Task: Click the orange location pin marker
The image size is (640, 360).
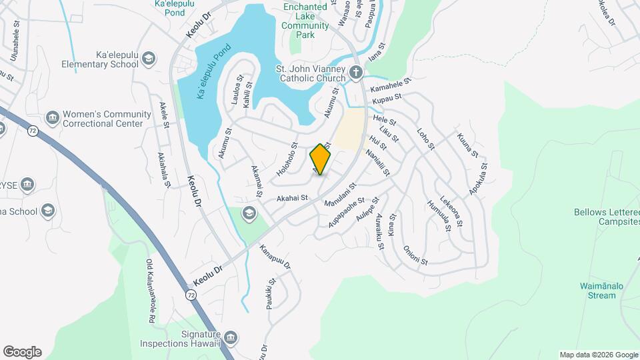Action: [321, 159]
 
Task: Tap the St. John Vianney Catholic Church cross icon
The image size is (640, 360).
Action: [356, 71]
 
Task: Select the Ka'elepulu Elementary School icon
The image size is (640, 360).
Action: [149, 59]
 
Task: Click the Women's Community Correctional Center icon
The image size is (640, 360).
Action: [52, 119]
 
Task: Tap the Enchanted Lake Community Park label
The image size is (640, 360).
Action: [305, 17]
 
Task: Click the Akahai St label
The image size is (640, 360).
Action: [293, 198]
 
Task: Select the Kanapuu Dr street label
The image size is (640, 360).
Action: [275, 256]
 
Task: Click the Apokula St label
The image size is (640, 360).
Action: [478, 179]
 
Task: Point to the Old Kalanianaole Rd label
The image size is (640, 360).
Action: [151, 291]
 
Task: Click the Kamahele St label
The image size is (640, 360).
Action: [391, 87]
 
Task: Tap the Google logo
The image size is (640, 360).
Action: [21, 352]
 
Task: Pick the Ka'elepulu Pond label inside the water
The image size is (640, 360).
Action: [213, 72]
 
